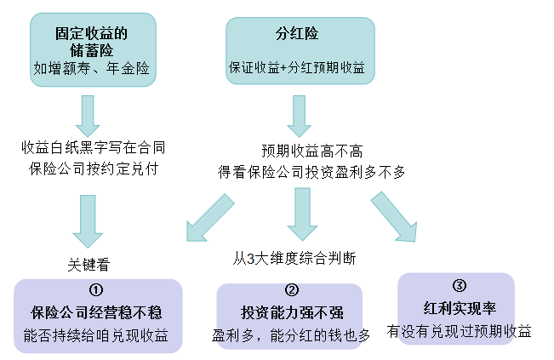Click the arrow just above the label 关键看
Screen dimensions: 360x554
click(91, 220)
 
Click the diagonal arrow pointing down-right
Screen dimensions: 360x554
click(394, 216)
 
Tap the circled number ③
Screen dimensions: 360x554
click(460, 285)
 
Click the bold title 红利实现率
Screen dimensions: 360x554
click(460, 307)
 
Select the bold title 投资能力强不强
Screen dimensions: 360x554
click(292, 312)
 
